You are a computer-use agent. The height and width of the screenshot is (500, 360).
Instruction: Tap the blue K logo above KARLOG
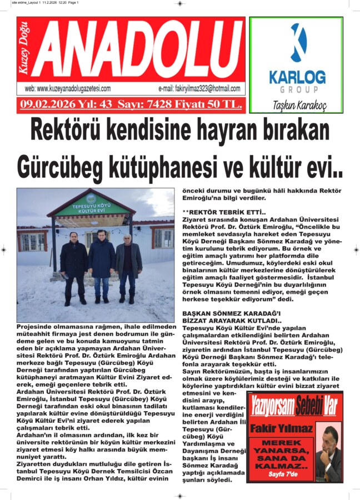coord(298,43)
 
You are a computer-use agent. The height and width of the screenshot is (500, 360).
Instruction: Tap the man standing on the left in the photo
coord(73,267)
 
